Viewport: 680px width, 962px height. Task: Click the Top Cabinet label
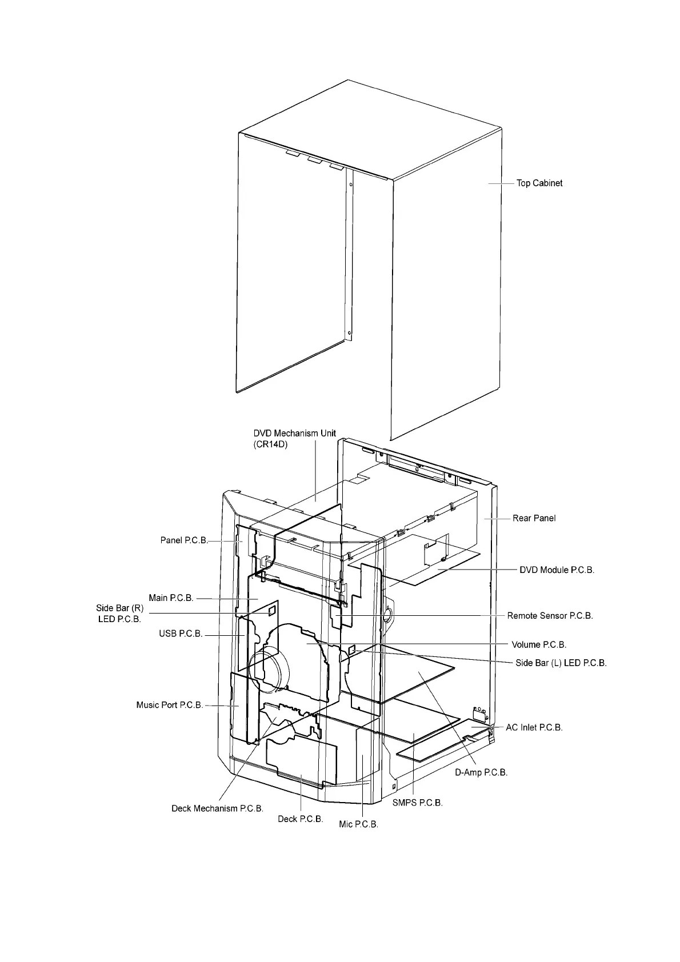539,183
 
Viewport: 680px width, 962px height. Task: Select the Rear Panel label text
534,518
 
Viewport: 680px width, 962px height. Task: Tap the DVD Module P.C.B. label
557,570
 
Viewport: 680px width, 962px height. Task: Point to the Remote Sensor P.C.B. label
550,616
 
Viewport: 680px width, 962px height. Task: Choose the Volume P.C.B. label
539,644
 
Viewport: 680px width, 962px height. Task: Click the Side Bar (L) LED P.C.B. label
561,663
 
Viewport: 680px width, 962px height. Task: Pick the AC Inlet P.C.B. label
534,727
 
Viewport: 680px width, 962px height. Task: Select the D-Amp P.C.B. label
481,772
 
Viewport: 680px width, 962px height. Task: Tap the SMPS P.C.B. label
417,802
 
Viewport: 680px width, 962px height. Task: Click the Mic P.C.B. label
358,824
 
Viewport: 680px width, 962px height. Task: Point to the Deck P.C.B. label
300,819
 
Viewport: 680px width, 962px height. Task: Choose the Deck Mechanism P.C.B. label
217,808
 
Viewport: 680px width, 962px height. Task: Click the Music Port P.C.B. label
169,705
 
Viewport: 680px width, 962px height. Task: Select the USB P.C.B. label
181,634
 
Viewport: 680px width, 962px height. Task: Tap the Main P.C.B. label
171,598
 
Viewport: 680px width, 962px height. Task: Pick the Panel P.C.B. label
183,540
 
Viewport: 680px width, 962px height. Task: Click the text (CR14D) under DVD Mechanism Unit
271,444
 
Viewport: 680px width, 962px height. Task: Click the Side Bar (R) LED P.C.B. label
119,614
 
